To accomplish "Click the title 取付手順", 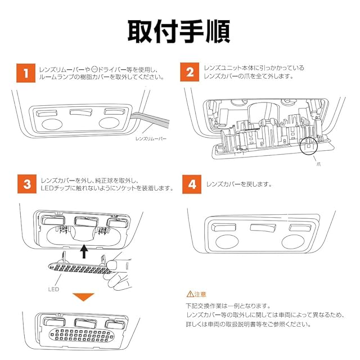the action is pyautogui.click(x=179, y=31).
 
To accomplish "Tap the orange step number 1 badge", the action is pyautogui.click(x=24, y=73).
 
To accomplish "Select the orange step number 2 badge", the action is pyautogui.click(x=190, y=73).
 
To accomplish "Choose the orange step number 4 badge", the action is pyautogui.click(x=190, y=184).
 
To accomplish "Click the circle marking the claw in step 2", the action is pyautogui.click(x=308, y=145).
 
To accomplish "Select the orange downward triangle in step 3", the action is pyautogui.click(x=84, y=297).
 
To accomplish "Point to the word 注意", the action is pyautogui.click(x=200, y=294).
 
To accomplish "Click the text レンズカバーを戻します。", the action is pyautogui.click(x=239, y=184).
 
